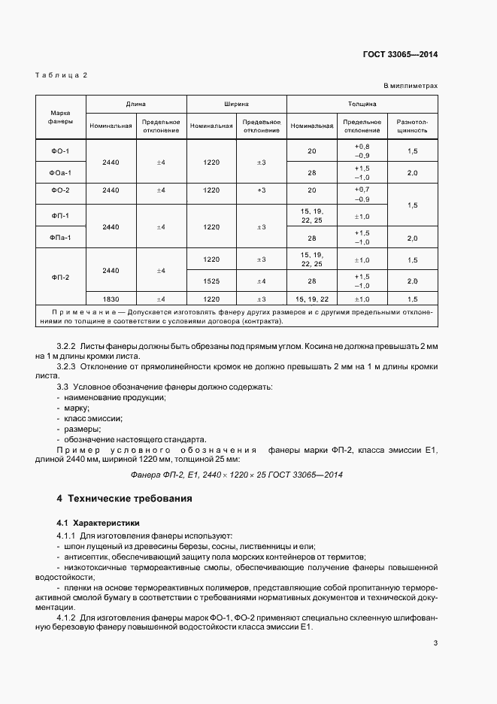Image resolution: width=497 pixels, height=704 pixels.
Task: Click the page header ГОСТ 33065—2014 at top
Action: [x=400, y=54]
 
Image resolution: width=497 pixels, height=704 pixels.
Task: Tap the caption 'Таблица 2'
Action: [x=62, y=75]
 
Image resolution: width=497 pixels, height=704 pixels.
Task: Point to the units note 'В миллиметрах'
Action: [x=411, y=86]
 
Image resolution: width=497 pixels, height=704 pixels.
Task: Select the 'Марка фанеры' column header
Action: [x=62, y=117]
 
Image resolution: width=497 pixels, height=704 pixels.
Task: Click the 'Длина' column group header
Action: [x=135, y=105]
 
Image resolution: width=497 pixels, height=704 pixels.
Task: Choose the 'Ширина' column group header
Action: [x=236, y=105]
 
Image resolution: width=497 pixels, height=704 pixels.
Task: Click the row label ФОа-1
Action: [x=61, y=173]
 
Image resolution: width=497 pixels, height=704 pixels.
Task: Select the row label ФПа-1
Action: [x=61, y=238]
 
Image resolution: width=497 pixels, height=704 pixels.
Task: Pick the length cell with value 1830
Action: [x=110, y=298]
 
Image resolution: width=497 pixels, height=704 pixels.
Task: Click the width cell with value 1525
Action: [x=211, y=281]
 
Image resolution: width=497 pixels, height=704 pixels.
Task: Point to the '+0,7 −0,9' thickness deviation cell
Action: [x=362, y=194]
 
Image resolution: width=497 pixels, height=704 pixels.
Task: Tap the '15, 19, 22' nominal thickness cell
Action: [x=312, y=298]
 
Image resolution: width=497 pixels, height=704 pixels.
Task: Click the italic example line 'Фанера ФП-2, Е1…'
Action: [x=237, y=475]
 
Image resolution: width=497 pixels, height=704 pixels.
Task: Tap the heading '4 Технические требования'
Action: [x=124, y=499]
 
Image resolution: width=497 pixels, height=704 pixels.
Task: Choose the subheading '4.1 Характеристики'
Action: [x=98, y=522]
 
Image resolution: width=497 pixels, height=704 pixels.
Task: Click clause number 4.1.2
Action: [x=68, y=618]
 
